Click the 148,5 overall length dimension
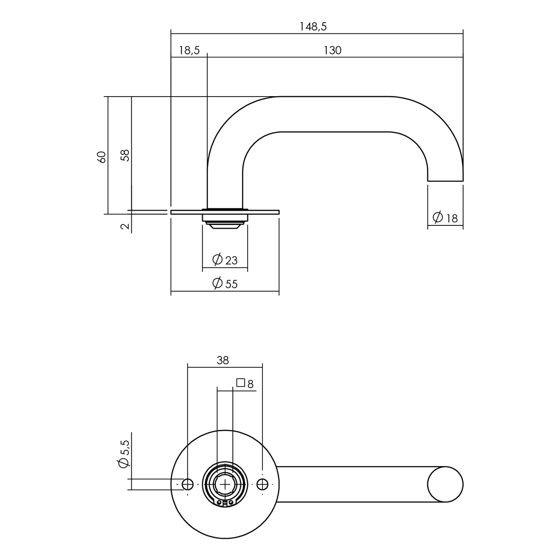click(313, 27)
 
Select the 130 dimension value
click(332, 50)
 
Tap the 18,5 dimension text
click(189, 50)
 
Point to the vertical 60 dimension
click(102, 157)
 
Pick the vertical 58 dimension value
click(125, 156)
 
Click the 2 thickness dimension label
click(125, 226)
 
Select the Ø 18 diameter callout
click(445, 217)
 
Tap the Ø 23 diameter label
click(225, 260)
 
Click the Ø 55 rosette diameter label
click(225, 284)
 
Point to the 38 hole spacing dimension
click(222, 360)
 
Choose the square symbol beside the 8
click(241, 383)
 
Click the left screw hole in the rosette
click(188, 484)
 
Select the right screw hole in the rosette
click(262, 484)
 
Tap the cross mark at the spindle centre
click(225, 484)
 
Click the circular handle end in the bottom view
click(445, 484)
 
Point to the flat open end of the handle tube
click(445, 181)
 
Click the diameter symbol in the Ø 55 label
click(218, 283)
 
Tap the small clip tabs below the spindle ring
click(225, 503)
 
